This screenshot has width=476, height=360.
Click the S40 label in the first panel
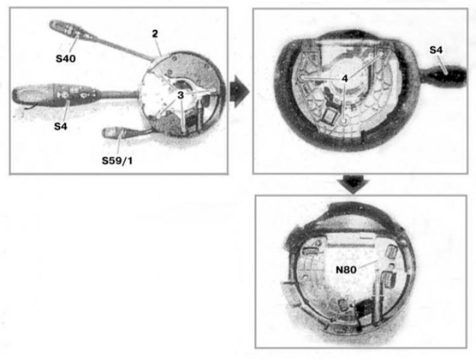click(65, 58)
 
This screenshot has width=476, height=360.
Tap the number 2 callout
click(155, 34)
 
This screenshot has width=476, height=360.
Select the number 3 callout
click(181, 95)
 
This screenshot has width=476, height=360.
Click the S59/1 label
click(117, 160)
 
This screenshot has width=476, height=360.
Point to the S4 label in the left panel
click(61, 126)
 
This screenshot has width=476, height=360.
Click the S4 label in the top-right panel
click(436, 50)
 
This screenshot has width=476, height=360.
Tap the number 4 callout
click(345, 79)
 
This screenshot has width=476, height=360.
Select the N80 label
click(346, 269)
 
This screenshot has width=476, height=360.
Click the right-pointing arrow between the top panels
click(239, 91)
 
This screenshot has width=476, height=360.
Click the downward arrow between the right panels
click(353, 184)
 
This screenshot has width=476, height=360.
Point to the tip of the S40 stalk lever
click(52, 24)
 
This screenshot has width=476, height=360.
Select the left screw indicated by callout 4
click(302, 78)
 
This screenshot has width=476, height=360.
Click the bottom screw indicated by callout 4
click(343, 121)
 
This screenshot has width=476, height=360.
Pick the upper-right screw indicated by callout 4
click(382, 54)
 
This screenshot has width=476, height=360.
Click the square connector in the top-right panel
click(329, 116)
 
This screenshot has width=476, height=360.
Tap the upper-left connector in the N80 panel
click(311, 251)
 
